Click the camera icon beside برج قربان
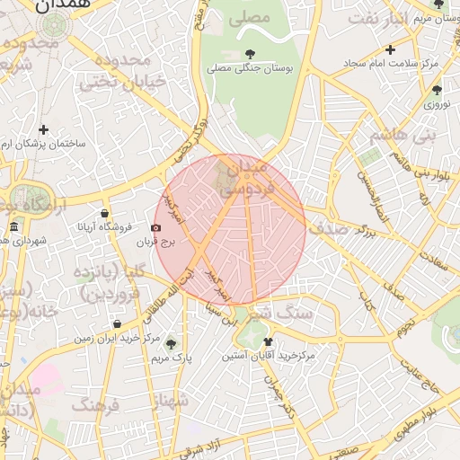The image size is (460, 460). (x=156, y=228)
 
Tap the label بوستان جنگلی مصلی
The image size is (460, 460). (x=246, y=67)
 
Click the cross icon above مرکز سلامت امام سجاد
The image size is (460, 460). (x=390, y=50)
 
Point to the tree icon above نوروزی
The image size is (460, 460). (x=437, y=90)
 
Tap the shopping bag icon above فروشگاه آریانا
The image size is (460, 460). (x=105, y=214)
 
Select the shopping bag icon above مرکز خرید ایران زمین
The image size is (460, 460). (x=118, y=324)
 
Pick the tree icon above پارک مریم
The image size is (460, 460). (x=171, y=344)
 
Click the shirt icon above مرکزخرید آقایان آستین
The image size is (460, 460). (x=268, y=341)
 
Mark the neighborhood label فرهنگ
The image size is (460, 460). (x=95, y=406)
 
